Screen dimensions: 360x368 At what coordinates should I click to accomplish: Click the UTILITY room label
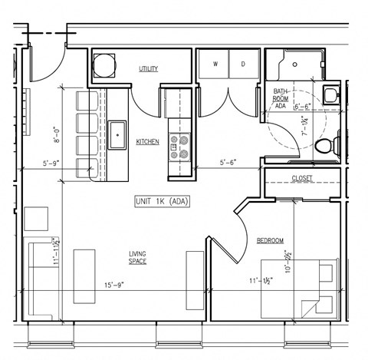148,69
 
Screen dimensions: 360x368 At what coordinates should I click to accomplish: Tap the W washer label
215,64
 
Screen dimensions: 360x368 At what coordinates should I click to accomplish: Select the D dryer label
242,64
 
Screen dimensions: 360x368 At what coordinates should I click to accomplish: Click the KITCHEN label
147,142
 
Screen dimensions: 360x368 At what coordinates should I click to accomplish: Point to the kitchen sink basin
117,135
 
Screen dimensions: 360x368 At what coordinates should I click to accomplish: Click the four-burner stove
178,147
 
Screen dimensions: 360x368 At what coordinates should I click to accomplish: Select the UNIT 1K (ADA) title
162,201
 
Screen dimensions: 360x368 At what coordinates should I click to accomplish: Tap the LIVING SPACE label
137,257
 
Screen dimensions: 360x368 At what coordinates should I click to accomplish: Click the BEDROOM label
270,241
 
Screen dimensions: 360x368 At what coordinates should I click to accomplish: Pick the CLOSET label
302,179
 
